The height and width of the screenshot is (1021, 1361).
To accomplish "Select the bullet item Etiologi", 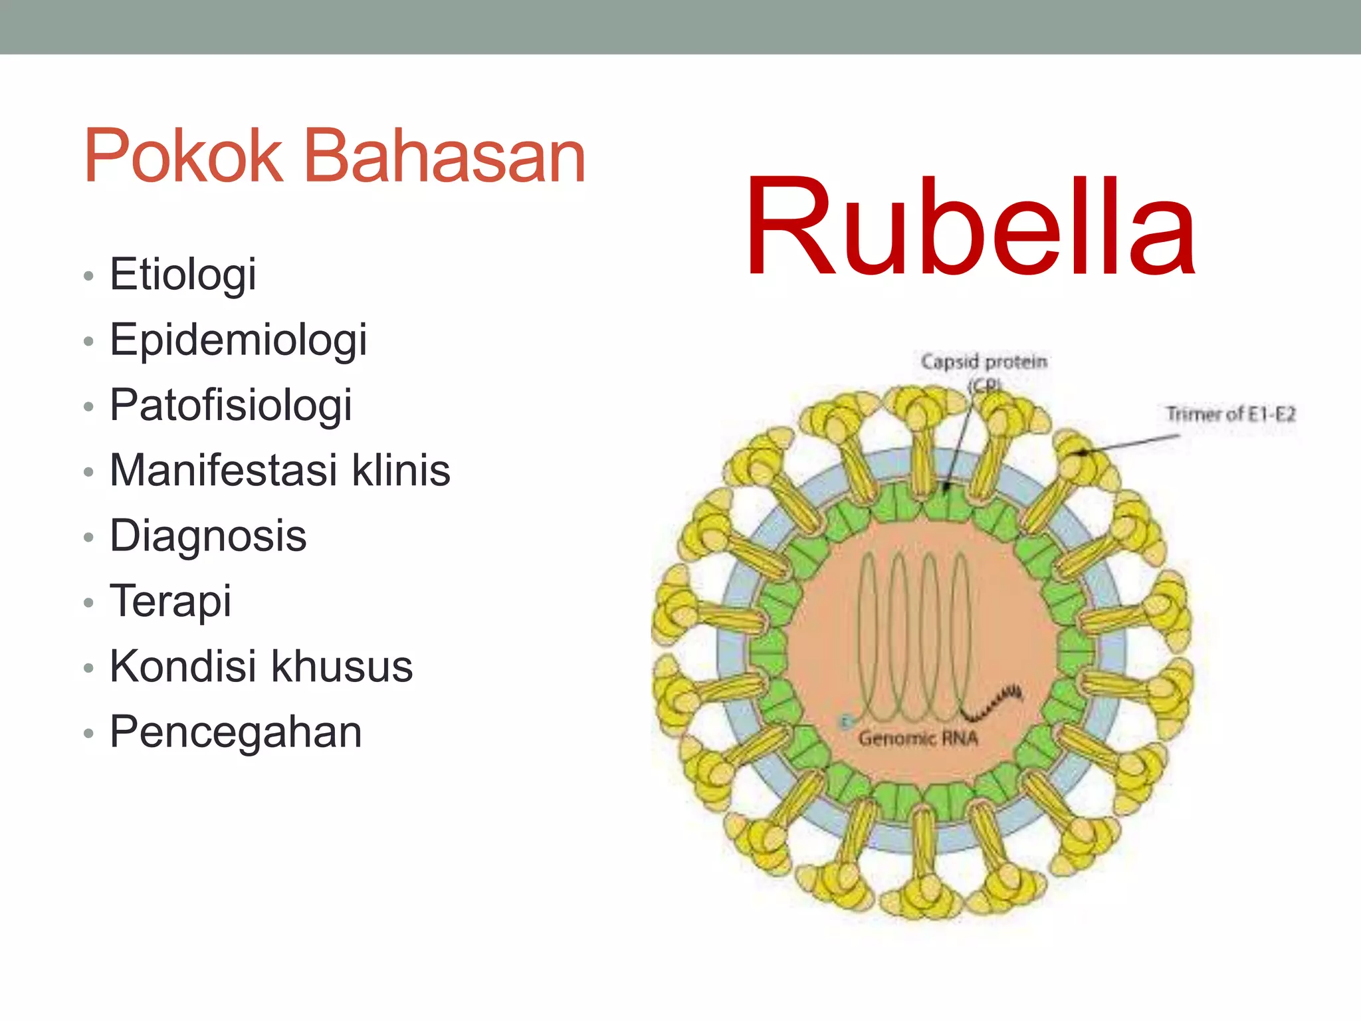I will point(183,274).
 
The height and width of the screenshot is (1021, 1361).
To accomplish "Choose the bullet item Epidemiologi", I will point(238,340).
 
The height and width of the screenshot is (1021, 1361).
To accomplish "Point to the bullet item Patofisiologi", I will point(231,405).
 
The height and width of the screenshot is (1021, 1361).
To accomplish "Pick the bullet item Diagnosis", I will point(208,536).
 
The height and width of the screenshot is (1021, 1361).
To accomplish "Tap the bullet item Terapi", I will point(170,601).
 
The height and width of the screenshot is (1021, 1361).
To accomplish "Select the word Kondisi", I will point(183,666).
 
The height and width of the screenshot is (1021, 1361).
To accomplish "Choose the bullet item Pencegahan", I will point(235,732).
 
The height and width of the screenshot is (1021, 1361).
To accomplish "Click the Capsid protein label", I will point(984,362).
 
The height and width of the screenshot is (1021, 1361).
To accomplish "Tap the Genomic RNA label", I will point(918,738).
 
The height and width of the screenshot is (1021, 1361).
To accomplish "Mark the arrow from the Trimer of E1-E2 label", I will point(1130,444).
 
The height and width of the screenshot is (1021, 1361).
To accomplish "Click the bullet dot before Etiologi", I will point(88,276).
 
